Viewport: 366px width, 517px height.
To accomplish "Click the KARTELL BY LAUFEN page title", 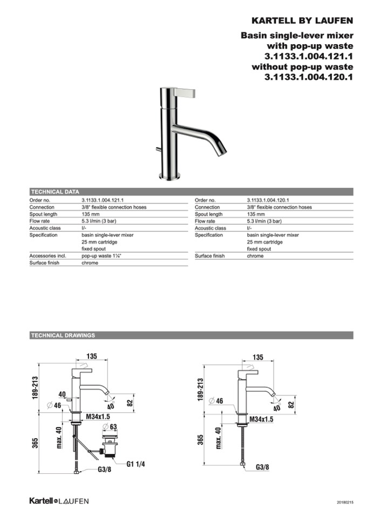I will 302,21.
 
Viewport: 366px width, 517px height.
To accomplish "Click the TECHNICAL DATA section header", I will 55,191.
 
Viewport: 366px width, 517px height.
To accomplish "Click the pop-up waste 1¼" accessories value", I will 101,256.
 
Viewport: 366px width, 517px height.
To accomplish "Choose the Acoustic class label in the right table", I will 211,228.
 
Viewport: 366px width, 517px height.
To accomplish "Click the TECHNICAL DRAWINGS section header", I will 63,335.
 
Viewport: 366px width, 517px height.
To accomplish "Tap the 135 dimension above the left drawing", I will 91,356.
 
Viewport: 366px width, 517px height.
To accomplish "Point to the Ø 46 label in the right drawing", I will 216,402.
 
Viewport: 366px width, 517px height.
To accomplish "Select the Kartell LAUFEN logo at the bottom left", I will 59,501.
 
